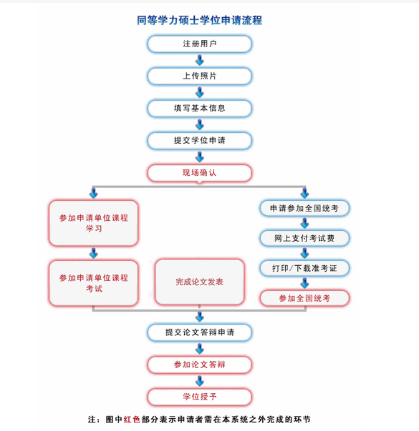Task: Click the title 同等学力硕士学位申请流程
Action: tap(199, 20)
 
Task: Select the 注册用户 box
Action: tap(199, 44)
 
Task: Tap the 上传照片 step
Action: tap(199, 76)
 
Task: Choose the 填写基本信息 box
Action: tap(199, 108)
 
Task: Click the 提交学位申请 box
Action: tap(199, 140)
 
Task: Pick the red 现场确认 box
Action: tap(199, 173)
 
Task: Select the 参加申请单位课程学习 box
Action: tap(93, 223)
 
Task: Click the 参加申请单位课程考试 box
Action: tap(93, 282)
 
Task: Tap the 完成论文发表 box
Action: tap(199, 282)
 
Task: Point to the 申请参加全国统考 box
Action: tap(304, 208)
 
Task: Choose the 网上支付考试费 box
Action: tap(304, 237)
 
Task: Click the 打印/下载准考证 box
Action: tap(304, 267)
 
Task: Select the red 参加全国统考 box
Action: tap(304, 297)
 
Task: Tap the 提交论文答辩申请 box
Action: tap(199, 332)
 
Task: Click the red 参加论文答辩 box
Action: tap(199, 365)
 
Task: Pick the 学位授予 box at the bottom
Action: tap(199, 397)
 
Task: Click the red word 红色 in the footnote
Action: tap(132, 419)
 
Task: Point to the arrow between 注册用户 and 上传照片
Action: tap(200, 60)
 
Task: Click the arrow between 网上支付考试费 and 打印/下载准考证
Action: tap(304, 252)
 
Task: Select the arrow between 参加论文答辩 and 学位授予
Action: tap(200, 381)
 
